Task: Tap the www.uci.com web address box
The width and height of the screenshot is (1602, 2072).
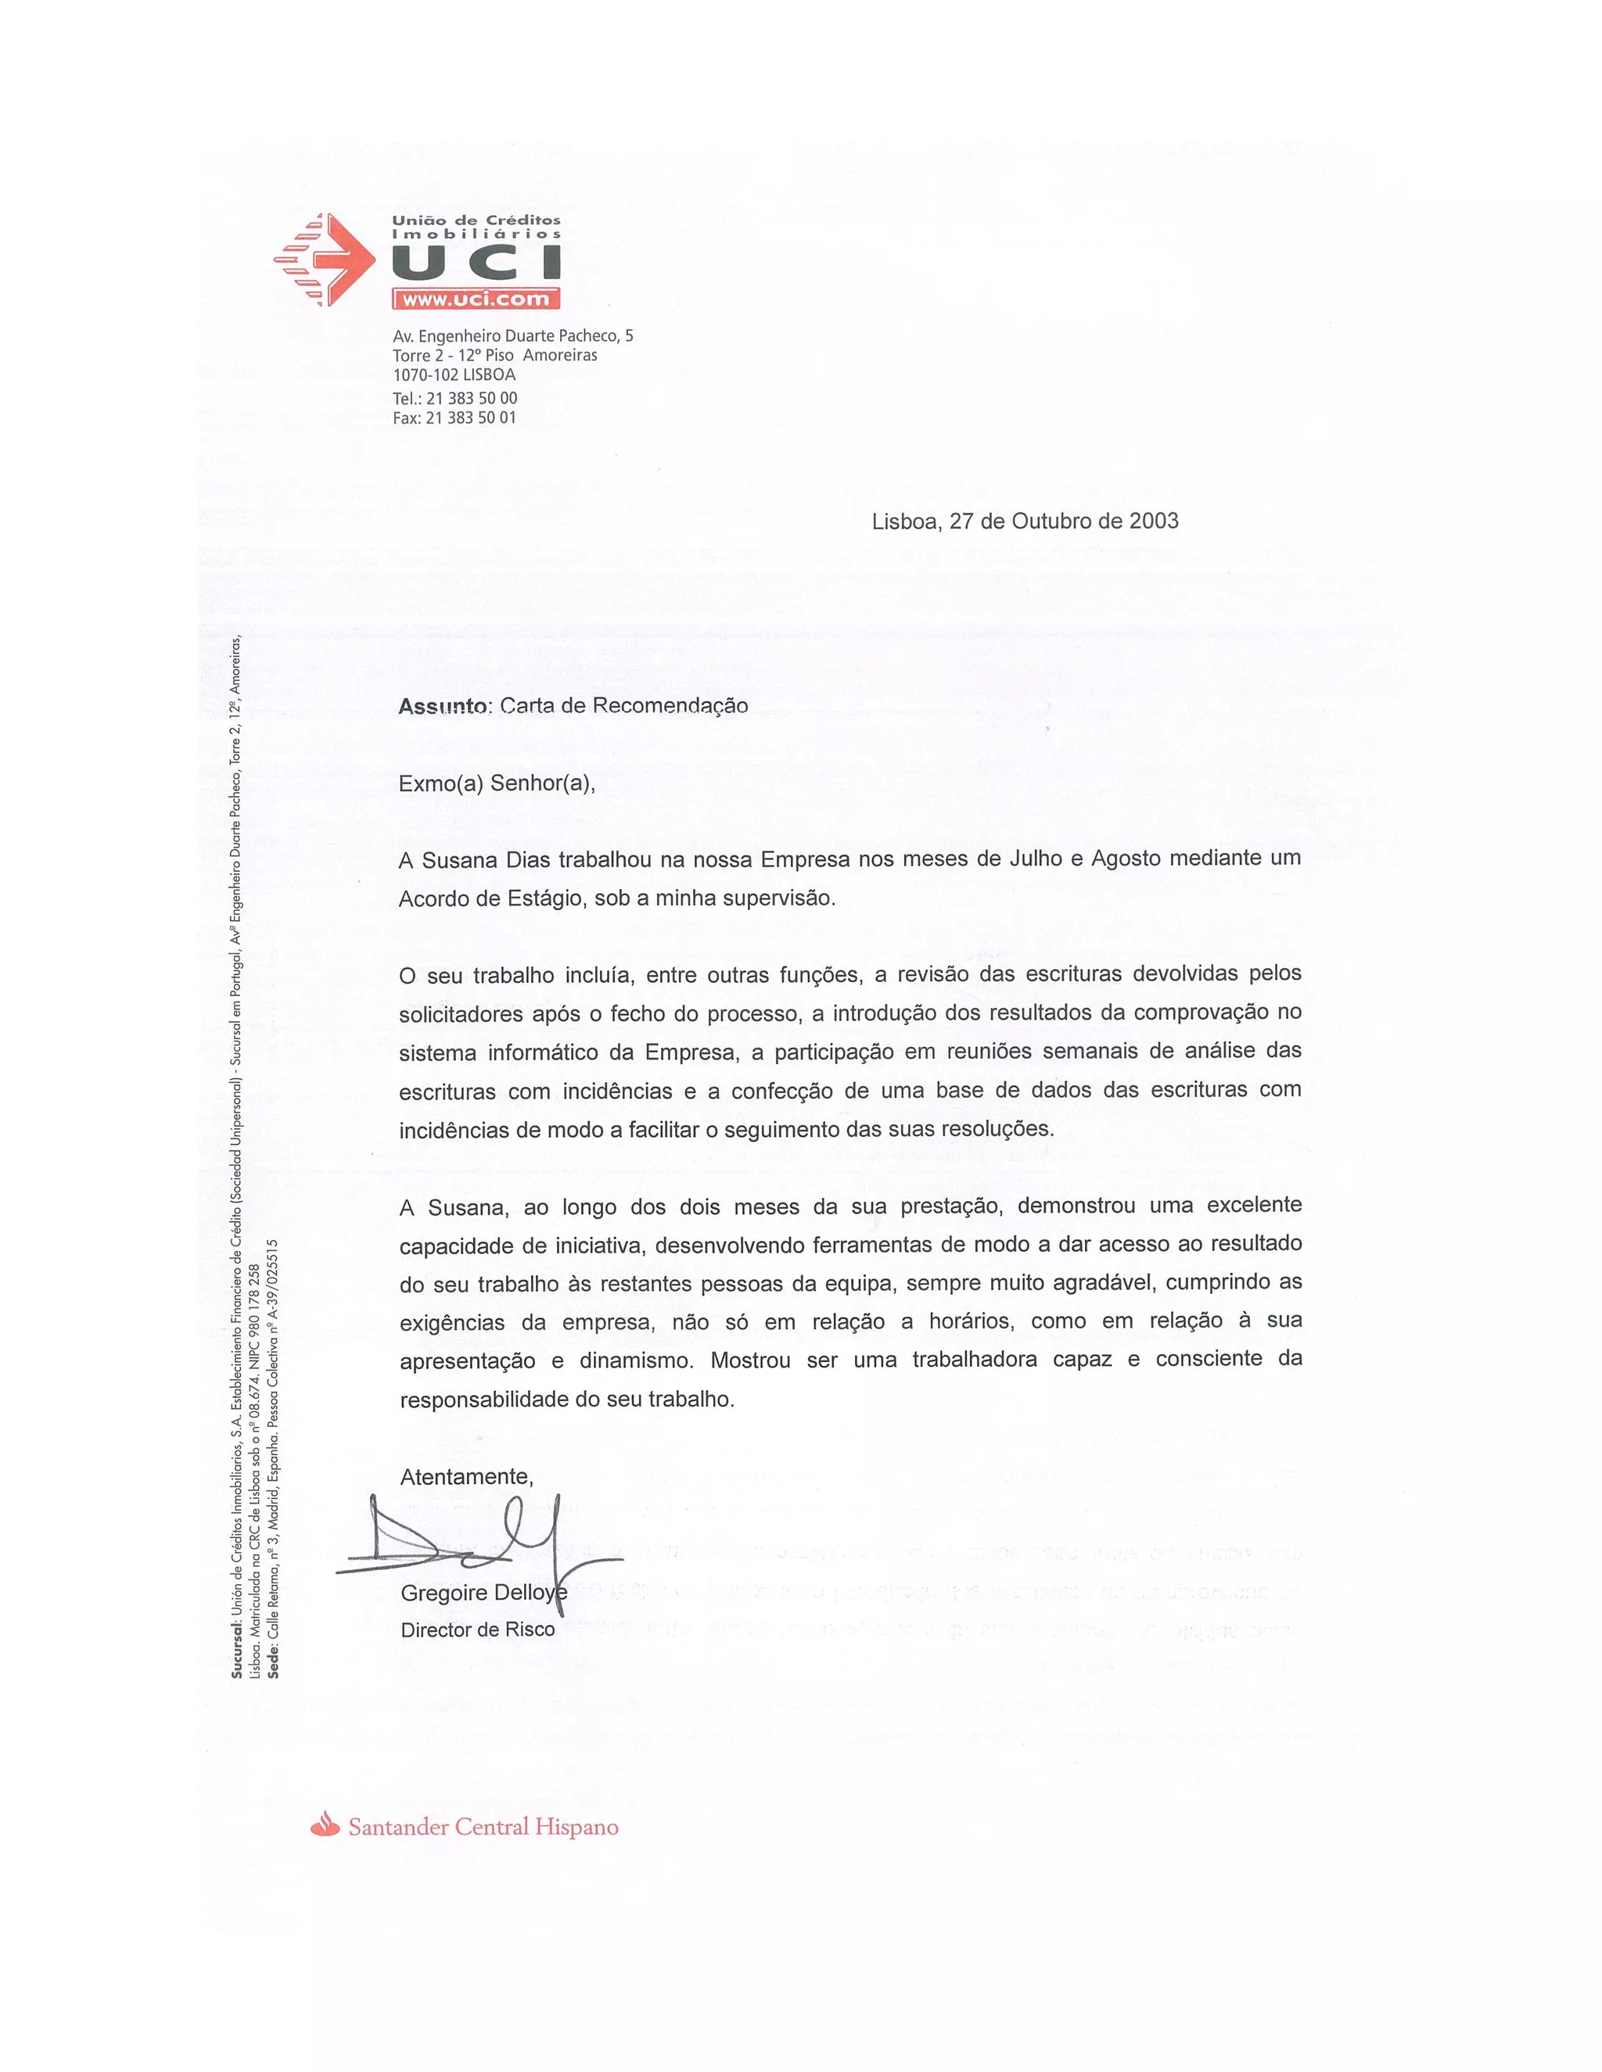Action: (476, 299)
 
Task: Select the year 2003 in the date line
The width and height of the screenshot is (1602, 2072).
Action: (1153, 521)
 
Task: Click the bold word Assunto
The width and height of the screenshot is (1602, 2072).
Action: (442, 706)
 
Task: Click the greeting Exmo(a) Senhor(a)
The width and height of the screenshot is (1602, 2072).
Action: (497, 783)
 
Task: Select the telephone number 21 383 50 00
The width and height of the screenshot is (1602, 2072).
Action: (472, 399)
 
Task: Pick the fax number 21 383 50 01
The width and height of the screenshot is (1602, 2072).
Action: (471, 418)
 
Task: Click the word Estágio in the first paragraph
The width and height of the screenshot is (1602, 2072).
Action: (541, 898)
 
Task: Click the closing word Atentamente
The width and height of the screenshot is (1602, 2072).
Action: (466, 1476)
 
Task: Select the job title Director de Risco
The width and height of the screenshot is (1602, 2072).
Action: (477, 1630)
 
